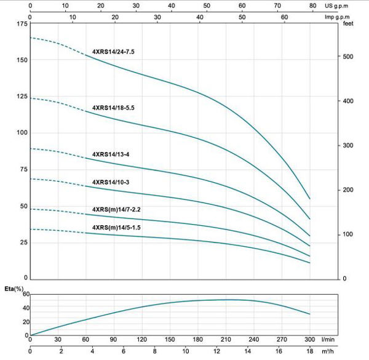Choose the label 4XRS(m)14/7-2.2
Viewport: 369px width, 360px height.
pyautogui.click(x=117, y=209)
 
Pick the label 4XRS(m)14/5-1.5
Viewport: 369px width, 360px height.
pyautogui.click(x=117, y=228)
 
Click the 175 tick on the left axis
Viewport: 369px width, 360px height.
pyautogui.click(x=20, y=24)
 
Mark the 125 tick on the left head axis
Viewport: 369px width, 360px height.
pyautogui.click(x=20, y=97)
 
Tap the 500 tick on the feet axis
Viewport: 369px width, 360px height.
pyautogui.click(x=348, y=57)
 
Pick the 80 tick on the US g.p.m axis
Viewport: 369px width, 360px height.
pyautogui.click(x=314, y=5)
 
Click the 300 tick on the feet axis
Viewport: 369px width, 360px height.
pyautogui.click(x=348, y=146)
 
